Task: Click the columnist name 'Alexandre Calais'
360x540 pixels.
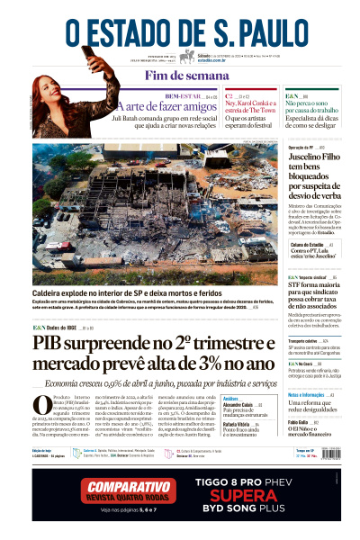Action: (238, 406)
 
